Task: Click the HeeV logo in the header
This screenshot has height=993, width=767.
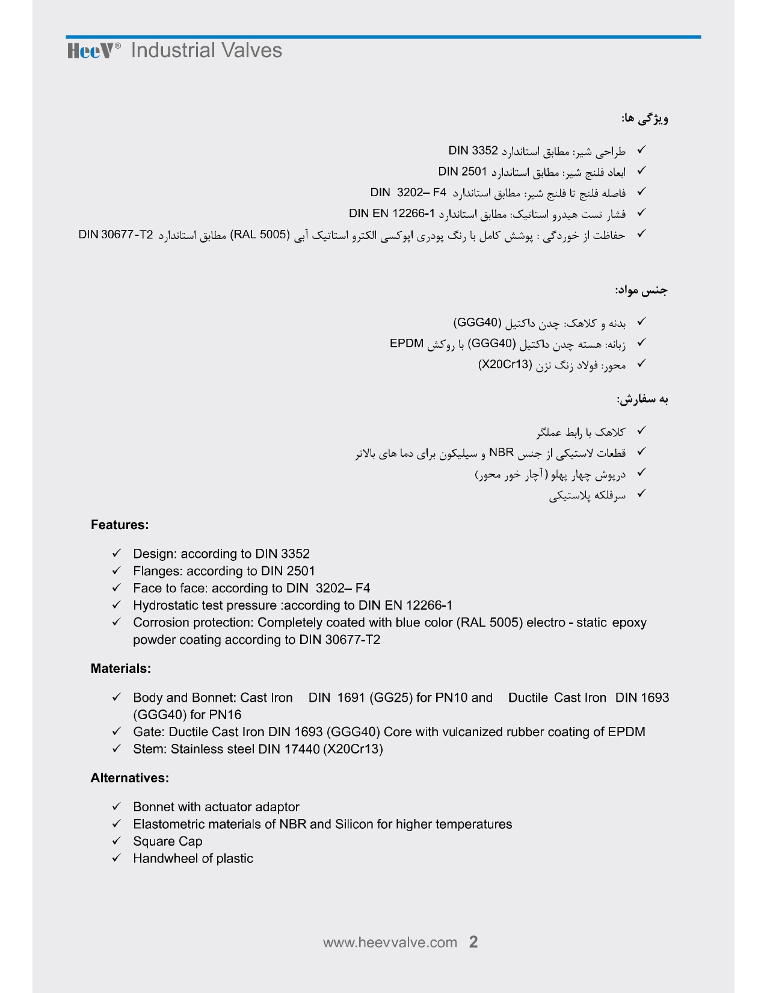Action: [x=90, y=51]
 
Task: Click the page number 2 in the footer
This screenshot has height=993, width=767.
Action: [x=473, y=942]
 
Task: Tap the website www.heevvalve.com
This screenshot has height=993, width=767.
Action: [x=390, y=942]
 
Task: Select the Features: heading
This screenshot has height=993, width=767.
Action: [x=120, y=525]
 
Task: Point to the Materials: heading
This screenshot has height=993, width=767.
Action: [x=120, y=669]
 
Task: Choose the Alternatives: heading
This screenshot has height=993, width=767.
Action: [x=129, y=778]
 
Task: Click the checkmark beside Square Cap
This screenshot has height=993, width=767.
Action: [x=117, y=841]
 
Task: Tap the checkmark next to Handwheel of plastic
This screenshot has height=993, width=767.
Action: [x=117, y=858]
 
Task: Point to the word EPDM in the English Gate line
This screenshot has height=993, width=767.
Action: [x=626, y=732]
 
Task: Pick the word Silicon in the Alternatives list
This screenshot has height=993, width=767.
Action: [x=354, y=824]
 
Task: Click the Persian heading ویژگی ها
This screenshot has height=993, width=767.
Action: [x=645, y=119]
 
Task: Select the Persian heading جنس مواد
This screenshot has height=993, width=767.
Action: [x=641, y=291]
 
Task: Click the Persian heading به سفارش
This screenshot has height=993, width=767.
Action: [x=642, y=400]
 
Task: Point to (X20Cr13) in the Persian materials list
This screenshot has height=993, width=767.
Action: [x=506, y=365]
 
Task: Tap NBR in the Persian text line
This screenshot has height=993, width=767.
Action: [x=502, y=453]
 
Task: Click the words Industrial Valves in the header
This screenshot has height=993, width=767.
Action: [x=206, y=51]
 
